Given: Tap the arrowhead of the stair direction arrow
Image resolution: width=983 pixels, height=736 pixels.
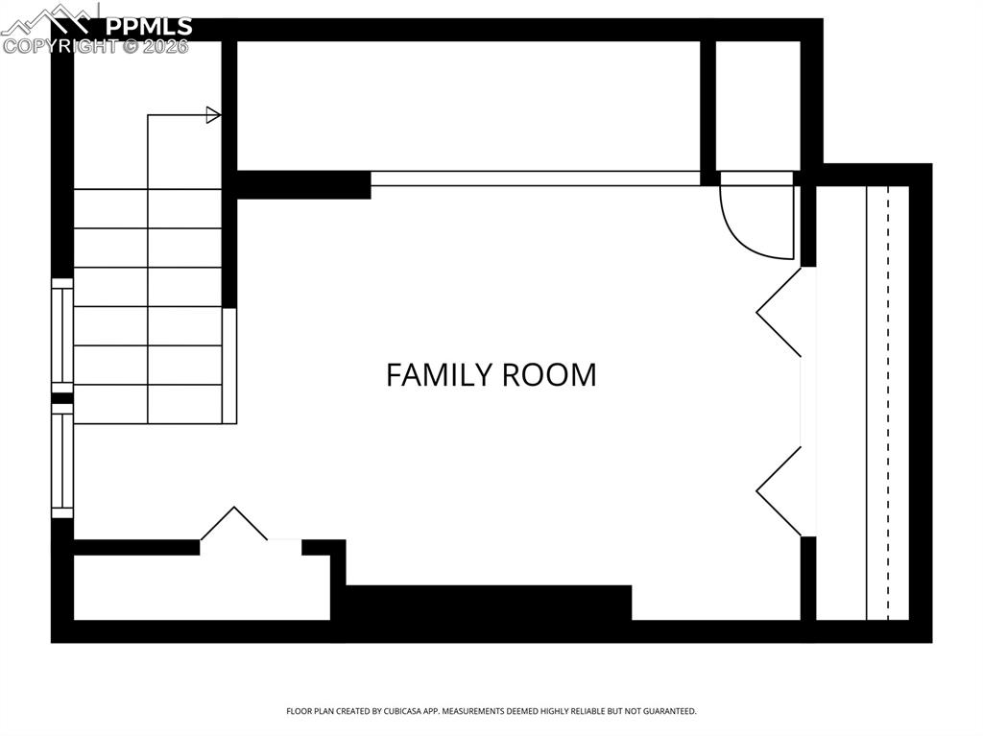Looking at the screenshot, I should pos(213,115).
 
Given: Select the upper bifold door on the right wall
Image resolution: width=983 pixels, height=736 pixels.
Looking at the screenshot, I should pos(779,312).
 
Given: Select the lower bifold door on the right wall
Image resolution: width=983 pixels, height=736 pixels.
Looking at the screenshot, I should pos(779,491).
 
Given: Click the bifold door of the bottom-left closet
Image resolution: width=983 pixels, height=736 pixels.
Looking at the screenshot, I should pos(233,524).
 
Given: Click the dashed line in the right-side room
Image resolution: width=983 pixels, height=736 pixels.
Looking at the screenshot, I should pos(888,403).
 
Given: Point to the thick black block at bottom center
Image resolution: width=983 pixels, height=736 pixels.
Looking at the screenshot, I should pos(488,604).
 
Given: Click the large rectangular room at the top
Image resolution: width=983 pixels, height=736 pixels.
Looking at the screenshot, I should pos(468,106).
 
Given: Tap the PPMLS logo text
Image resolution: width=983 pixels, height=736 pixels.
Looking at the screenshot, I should pos(148,26).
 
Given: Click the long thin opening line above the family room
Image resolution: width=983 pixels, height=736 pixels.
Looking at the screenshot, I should pos(535,178).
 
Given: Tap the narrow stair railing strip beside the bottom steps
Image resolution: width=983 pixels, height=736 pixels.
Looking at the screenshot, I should pos(229,366).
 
